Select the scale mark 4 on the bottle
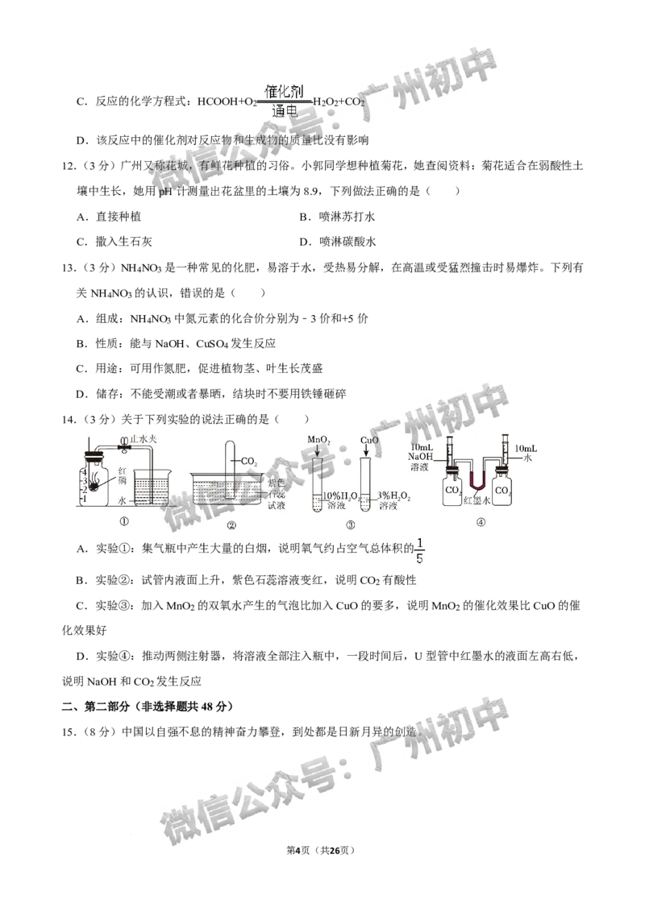click(84, 471)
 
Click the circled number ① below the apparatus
click(124, 522)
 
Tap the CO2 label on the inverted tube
click(248, 462)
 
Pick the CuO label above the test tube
click(369, 441)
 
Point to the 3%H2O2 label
click(394, 496)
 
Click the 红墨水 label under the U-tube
click(476, 500)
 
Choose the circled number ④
click(481, 522)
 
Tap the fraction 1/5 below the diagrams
click(418, 549)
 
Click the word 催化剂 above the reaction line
click(282, 93)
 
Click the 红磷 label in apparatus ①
click(114, 475)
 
